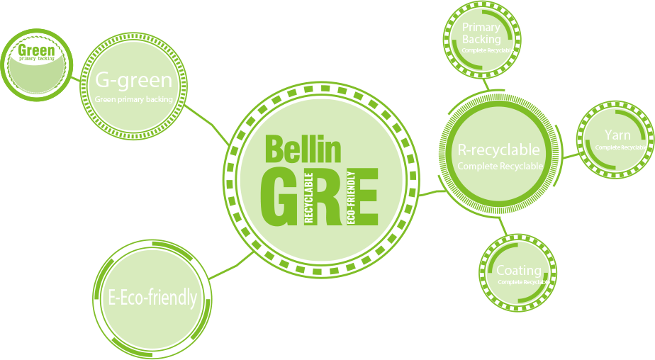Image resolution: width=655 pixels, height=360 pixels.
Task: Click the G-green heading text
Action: (134, 79)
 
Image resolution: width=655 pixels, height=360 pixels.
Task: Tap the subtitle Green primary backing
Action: (134, 100)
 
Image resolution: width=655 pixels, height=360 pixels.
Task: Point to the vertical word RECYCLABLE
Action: (309, 198)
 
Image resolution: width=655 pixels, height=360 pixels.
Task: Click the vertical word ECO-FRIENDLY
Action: (352, 199)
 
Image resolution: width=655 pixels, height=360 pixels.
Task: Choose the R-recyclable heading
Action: (498, 150)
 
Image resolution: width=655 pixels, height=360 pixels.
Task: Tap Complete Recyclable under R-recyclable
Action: (500, 167)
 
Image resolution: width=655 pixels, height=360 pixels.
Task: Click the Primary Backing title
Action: (481, 33)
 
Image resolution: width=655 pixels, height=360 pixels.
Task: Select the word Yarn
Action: (617, 135)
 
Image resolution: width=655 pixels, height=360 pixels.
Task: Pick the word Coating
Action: (518, 271)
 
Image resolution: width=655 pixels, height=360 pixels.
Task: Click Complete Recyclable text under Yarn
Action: (621, 147)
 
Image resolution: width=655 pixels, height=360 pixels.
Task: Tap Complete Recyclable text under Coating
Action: (523, 282)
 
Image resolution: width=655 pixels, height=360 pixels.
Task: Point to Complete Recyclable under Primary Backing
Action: (487, 50)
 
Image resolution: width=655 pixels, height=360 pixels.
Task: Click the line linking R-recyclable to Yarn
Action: (569, 155)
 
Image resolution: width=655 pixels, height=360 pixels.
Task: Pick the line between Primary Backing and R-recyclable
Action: (486, 84)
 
